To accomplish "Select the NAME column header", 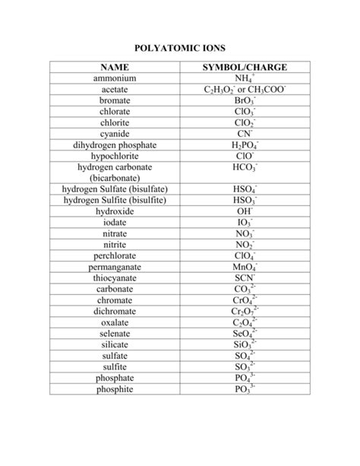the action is (114, 68).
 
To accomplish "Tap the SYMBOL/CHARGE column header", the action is (244, 68).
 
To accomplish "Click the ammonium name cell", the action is (114, 78).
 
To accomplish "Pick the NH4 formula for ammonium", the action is (244, 79).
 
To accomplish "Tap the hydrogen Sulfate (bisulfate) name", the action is (115, 189).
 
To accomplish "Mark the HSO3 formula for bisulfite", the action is (244, 200).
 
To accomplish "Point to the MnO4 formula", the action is (244, 268).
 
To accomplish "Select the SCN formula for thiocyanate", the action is (244, 278).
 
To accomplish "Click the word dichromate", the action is (114, 311).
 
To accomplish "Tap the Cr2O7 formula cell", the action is (244, 312).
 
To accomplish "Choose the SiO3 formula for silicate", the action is (244, 344).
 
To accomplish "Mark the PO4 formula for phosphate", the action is (244, 378).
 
